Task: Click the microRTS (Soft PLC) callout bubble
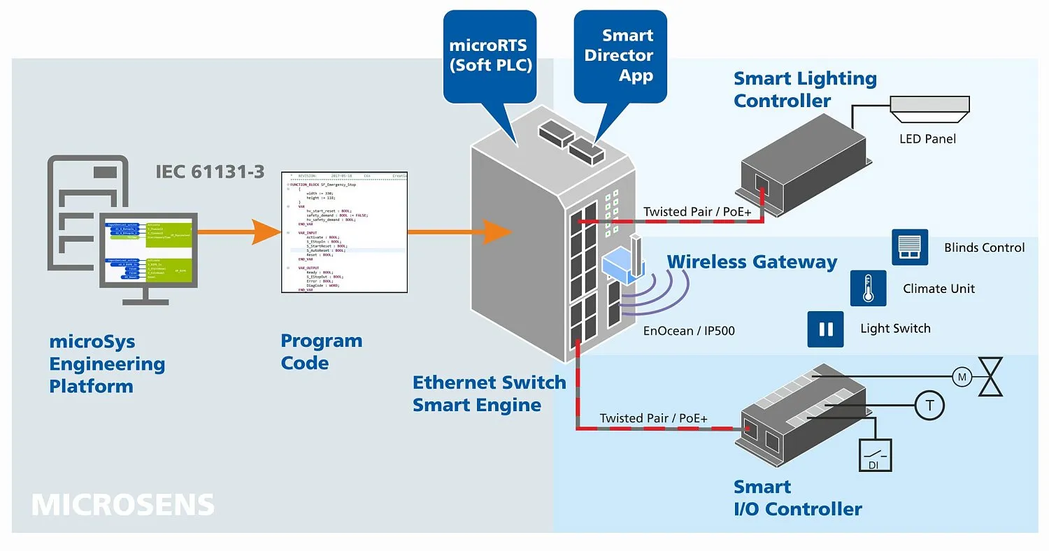click(x=490, y=56)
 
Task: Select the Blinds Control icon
click(x=910, y=248)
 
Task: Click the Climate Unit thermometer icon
click(x=868, y=288)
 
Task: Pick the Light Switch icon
click(x=826, y=329)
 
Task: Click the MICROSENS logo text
click(x=122, y=505)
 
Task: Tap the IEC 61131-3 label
click(x=210, y=171)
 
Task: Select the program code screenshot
click(x=344, y=232)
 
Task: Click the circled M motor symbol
click(x=962, y=378)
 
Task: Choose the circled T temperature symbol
click(x=929, y=405)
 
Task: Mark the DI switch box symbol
click(x=875, y=455)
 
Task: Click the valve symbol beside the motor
click(x=990, y=378)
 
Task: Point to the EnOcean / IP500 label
click(x=689, y=331)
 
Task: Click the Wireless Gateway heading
click(x=752, y=262)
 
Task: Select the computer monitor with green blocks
click(x=148, y=250)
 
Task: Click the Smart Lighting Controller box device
click(x=804, y=164)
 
